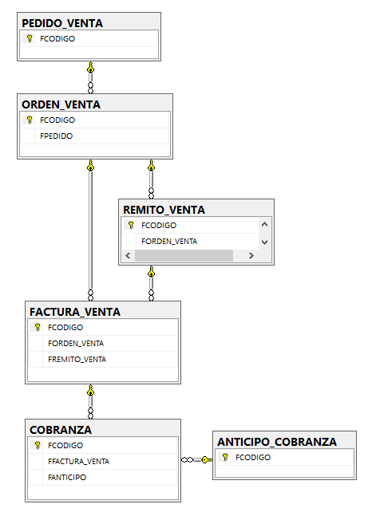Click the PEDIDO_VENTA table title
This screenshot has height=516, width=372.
(x=62, y=23)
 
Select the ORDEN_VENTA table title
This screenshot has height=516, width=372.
(x=61, y=104)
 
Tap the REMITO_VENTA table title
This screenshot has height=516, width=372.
(x=164, y=210)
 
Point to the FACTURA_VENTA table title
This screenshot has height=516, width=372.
(x=75, y=312)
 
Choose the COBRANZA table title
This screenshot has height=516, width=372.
(x=61, y=430)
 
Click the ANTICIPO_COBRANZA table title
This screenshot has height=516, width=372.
(x=277, y=442)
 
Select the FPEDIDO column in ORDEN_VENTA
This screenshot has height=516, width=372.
(x=57, y=136)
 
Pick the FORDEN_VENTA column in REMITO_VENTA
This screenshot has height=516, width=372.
(x=169, y=241)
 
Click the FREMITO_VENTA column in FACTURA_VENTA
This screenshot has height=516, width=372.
(x=77, y=360)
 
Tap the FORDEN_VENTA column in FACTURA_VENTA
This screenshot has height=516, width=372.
(x=76, y=343)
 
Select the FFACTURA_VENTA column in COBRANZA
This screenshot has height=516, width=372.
(x=78, y=462)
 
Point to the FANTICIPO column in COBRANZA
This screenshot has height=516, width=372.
(x=67, y=477)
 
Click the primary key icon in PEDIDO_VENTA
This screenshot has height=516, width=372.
(x=30, y=38)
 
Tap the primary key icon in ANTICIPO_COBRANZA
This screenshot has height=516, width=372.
(x=225, y=457)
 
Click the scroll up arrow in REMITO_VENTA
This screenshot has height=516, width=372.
(x=264, y=224)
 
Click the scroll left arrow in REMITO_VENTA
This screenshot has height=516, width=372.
(x=129, y=255)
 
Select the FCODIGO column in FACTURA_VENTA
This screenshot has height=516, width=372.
(x=65, y=328)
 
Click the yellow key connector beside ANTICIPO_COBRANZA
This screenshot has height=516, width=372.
(x=207, y=459)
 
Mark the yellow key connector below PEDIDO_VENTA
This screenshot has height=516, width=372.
(x=91, y=68)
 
